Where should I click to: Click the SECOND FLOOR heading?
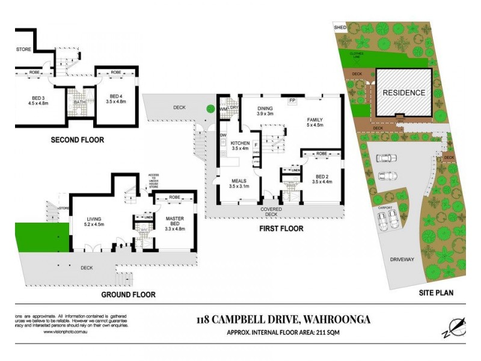[x=77, y=140]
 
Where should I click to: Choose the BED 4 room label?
[x=116, y=99]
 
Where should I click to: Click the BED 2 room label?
[x=323, y=178]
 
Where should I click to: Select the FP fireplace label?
[x=292, y=100]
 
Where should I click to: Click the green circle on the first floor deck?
[x=210, y=108]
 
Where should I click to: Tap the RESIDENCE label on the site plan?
[x=404, y=93]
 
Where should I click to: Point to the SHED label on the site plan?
[x=340, y=28]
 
